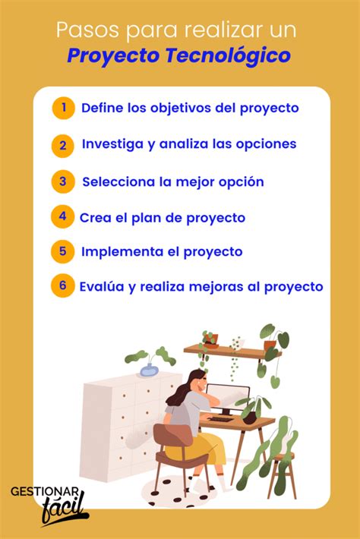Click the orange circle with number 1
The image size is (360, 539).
pyautogui.click(x=64, y=108)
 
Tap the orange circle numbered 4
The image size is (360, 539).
pyautogui.click(x=62, y=216)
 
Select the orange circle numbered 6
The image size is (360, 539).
pyautogui.click(x=62, y=285)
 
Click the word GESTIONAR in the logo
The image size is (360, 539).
pyautogui.click(x=45, y=492)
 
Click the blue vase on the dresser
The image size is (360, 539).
pyautogui.click(x=149, y=370)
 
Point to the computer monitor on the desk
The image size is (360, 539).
pyautogui.click(x=228, y=399)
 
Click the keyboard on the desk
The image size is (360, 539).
pyautogui.click(x=222, y=419)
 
